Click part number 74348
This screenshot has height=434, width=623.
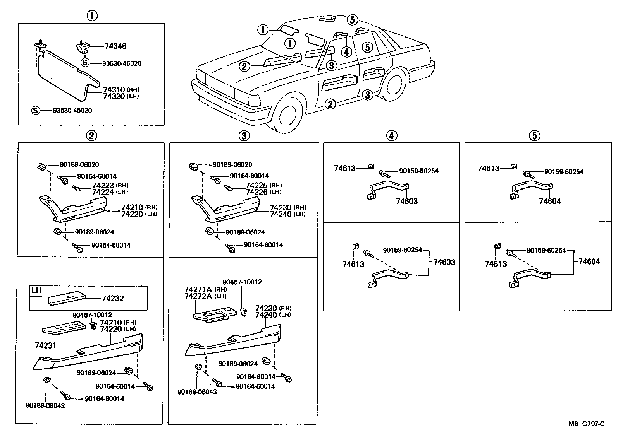[115, 46]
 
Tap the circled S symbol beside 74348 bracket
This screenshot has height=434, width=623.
[85, 63]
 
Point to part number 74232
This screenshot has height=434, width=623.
[113, 299]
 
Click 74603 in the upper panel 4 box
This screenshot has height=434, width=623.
[407, 201]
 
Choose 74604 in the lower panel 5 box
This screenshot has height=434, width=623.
[589, 261]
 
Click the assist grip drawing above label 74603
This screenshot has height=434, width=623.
[387, 190]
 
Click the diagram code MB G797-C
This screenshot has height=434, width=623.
[586, 424]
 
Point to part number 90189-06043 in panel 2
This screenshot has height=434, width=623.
[45, 406]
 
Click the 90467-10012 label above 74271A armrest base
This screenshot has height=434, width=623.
[242, 282]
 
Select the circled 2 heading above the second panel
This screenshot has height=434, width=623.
[91, 135]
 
